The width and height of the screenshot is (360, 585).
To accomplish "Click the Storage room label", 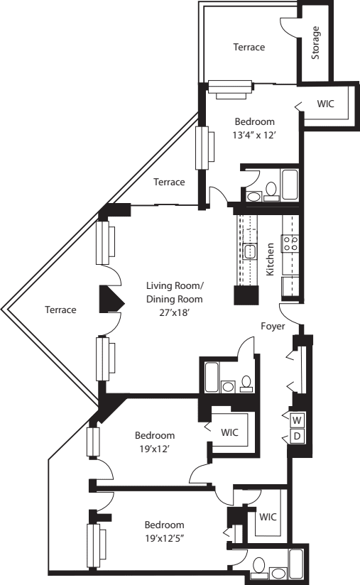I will coord(316,43).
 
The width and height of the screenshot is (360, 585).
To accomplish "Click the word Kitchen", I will coord(271,259).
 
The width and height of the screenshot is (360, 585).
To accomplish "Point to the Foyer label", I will coord(273,327).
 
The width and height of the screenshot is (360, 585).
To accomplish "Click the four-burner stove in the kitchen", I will coord(291,244).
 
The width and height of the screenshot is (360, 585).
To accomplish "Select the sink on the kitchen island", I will coord(250,251).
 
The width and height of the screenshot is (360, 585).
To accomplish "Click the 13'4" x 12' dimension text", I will coord(254,134).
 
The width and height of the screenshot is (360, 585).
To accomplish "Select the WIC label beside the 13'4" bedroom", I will coord(326,104).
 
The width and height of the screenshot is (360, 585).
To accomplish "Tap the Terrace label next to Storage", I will coord(249,48).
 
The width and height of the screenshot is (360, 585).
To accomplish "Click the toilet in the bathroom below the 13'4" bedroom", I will coord(271,191).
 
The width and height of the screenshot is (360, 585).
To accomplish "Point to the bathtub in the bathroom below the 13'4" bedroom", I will coord(290,184).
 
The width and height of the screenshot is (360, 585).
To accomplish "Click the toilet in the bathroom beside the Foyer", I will coord(246,383).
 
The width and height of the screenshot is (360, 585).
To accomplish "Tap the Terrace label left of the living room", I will coord(60,310).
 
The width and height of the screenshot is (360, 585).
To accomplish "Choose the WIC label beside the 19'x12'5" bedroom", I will coord(267,516).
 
